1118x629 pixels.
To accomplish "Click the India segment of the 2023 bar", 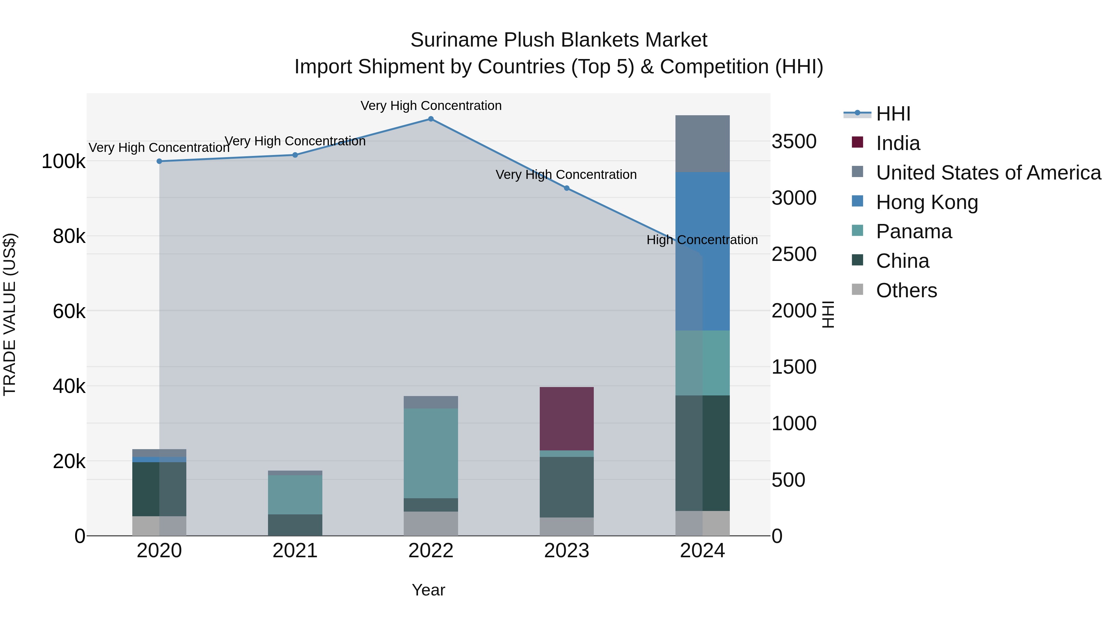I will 566,418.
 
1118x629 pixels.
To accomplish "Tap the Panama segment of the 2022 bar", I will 430,453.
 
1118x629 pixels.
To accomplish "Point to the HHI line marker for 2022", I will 430,119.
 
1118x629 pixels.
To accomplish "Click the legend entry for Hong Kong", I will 927,202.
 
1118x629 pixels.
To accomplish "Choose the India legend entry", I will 898,143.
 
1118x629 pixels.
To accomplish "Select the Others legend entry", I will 906,290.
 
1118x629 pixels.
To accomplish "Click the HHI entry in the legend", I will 893,114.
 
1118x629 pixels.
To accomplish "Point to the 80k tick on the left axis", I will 69,237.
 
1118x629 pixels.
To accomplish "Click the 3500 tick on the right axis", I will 794,142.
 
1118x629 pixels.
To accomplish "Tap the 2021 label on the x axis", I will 295,551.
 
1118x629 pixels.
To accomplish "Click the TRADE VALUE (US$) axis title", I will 10,314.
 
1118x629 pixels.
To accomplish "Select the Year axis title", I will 428,590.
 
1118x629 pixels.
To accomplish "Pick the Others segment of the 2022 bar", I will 430,523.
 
